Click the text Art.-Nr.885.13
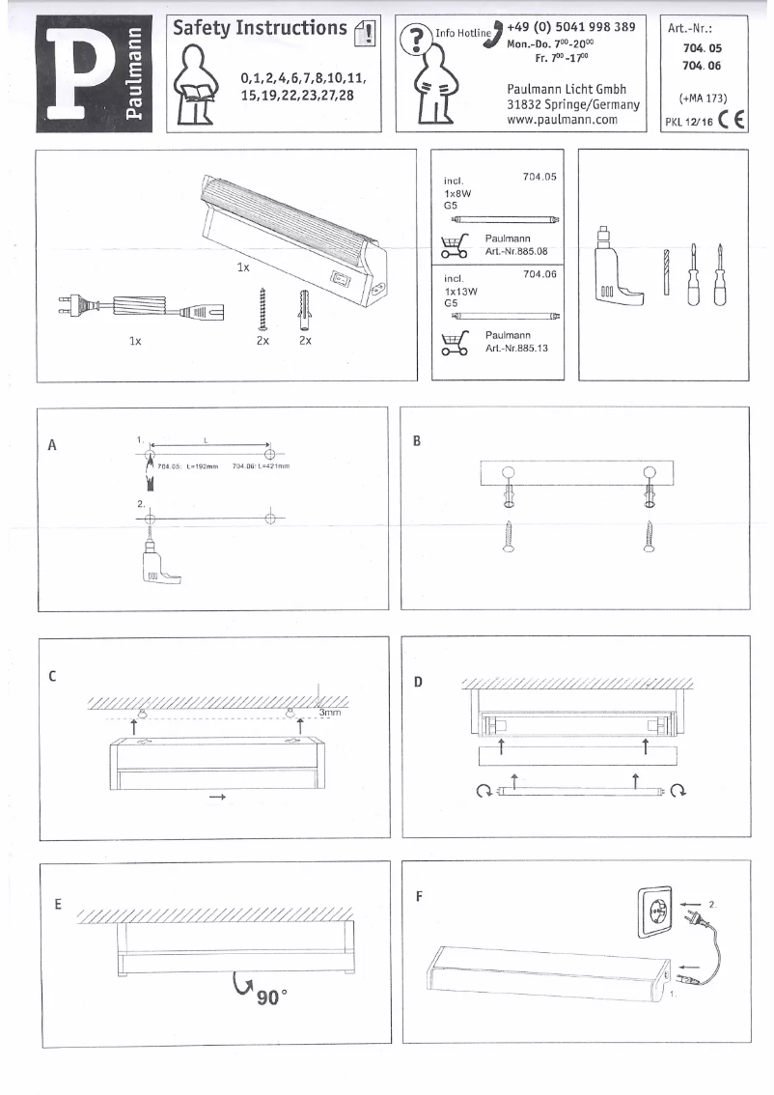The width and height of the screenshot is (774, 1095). pos(517,349)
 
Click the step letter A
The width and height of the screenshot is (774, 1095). pos(53,445)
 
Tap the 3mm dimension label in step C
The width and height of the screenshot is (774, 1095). pos(331,713)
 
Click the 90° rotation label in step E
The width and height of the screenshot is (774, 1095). pos(272,997)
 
